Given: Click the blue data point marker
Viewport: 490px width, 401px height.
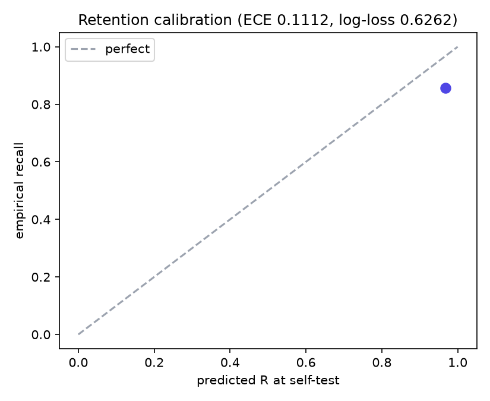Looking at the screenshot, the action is click(445, 89).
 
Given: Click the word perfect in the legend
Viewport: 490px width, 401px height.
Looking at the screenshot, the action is click(128, 49).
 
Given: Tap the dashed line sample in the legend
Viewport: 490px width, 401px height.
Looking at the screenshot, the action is click(83, 49).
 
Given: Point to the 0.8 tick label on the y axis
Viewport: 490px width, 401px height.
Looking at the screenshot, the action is click(41, 105).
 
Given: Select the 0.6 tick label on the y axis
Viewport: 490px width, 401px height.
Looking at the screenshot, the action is click(41, 162).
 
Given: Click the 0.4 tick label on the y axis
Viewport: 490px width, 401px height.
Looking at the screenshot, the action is click(41, 219).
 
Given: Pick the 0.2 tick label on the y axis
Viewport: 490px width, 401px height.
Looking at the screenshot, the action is click(41, 277).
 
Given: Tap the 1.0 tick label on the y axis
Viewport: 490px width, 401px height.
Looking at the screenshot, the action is click(41, 47).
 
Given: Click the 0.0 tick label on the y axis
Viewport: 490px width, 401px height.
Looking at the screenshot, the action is click(41, 334).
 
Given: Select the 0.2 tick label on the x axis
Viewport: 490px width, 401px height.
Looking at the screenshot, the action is click(154, 362).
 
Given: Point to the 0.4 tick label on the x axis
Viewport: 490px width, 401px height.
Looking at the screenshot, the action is click(230, 362).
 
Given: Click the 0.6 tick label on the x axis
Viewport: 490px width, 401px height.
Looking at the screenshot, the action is click(306, 362).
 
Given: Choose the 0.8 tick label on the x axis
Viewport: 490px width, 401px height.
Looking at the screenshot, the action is click(382, 362).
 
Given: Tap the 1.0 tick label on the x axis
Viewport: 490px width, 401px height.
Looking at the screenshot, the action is click(458, 362).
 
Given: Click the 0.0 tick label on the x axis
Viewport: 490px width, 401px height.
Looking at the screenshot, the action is click(78, 362).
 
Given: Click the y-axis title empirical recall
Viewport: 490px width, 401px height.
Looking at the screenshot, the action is click(20, 191).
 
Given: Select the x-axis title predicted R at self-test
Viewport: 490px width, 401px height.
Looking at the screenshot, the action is click(268, 381).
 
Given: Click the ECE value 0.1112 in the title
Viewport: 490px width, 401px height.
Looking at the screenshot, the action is click(302, 20).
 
